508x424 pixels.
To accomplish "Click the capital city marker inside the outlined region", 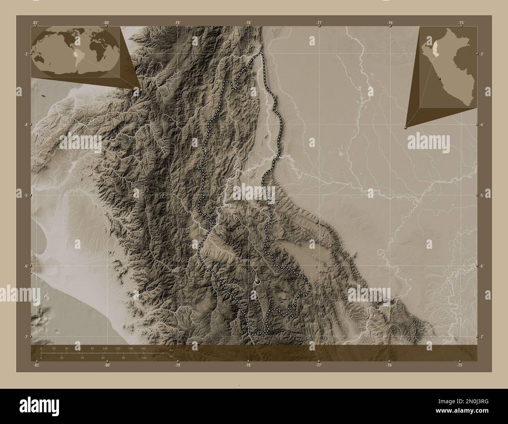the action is tap(257, 280).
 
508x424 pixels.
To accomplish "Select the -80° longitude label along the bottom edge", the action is tap(107, 365).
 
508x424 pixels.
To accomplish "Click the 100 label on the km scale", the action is tap(105, 348).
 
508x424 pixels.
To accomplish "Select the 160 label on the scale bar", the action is tap(143, 348).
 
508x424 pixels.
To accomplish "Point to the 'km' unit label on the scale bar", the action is tap(171, 350).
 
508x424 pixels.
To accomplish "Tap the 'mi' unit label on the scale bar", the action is tap(171, 356).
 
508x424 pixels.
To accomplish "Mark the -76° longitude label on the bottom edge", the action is tap(389, 365).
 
